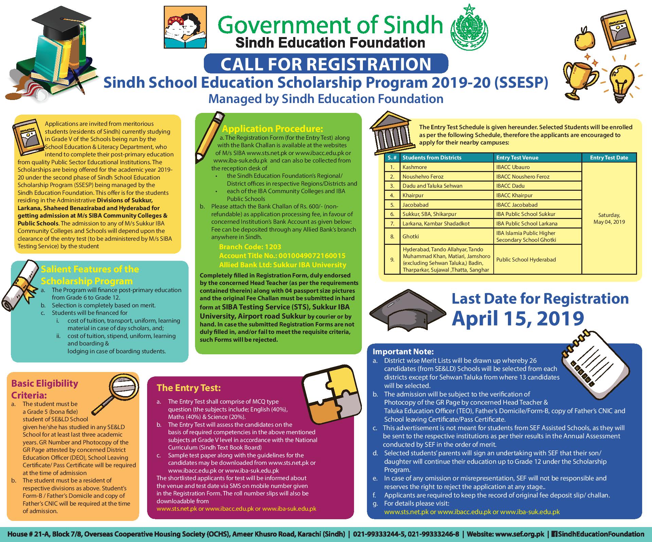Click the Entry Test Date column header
609,157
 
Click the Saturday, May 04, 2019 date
609,218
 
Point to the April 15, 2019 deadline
518,318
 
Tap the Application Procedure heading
272,129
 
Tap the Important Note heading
403,352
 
